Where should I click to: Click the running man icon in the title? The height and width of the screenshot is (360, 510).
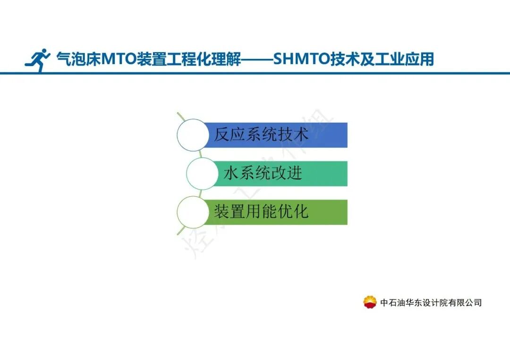tap(38, 60)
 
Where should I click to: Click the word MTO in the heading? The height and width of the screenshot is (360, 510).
tap(118, 59)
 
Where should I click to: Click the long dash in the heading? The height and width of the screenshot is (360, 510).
tap(257, 60)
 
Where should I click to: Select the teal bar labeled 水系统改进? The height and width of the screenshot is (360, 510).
tap(283, 174)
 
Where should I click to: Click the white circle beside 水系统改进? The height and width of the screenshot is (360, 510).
tap(203, 174)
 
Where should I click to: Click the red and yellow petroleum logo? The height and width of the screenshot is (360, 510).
tap(370, 302)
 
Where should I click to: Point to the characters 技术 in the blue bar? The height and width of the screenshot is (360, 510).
tap(293, 135)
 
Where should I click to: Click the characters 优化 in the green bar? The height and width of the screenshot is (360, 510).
tap(293, 212)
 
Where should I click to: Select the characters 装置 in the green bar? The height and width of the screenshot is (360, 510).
tap(230, 212)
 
